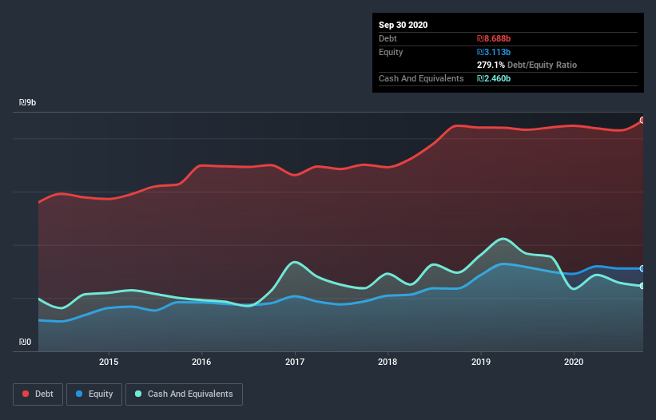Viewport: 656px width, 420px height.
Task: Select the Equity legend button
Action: (95, 394)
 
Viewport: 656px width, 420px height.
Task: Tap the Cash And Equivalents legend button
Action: (184, 394)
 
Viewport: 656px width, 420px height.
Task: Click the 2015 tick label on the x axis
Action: (109, 362)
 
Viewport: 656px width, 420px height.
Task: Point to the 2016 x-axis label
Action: (202, 362)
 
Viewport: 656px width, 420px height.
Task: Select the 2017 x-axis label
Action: (295, 362)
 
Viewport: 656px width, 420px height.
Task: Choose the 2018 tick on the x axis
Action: (388, 362)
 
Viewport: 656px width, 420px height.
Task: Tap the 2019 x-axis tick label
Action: (481, 362)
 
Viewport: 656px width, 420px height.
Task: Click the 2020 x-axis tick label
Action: (574, 362)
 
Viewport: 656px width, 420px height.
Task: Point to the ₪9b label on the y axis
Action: (28, 103)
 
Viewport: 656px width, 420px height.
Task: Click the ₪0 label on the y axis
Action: (25, 343)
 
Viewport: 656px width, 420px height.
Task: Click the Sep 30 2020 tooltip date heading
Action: (404, 25)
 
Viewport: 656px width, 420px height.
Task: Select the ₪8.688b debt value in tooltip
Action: (494, 38)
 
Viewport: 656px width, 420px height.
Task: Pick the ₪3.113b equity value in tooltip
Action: (494, 52)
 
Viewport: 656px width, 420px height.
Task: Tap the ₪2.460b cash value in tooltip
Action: (494, 78)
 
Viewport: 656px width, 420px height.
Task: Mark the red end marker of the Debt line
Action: (642, 121)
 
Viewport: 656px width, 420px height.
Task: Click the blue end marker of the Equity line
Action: (642, 268)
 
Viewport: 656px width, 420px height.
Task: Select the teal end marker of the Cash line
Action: (642, 286)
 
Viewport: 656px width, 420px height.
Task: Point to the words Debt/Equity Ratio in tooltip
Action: (543, 65)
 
